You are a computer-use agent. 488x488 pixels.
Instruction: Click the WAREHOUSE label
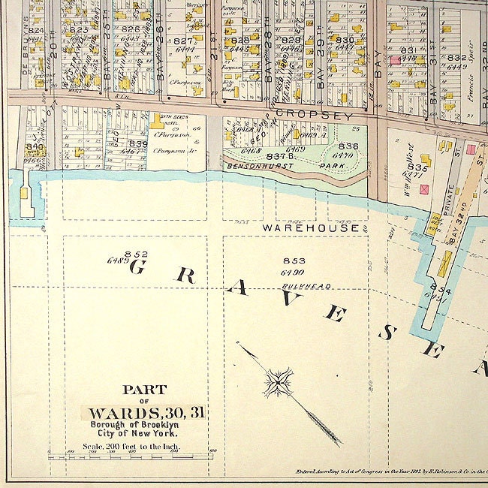(x=310, y=227)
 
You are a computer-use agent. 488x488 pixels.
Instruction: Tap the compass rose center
(x=278, y=383)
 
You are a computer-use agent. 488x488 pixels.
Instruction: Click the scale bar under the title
(x=131, y=456)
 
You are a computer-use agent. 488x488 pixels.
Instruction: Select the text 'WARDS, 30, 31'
(x=146, y=413)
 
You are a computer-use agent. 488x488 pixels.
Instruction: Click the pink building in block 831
(x=394, y=59)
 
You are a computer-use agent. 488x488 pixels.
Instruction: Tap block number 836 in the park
(x=348, y=146)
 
